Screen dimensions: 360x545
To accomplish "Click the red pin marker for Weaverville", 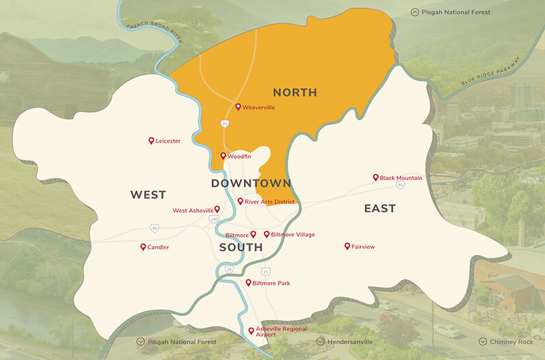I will pos(238,107).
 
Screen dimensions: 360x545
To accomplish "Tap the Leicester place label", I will pos(168,141).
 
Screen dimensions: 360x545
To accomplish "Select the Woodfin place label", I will pos(239,157).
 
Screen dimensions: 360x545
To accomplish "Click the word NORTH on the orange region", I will pos(295,92).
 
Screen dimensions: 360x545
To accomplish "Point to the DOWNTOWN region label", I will pos(251,183).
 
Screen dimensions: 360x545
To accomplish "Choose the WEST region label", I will pos(148,195).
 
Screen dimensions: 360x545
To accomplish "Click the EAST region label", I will pos(379,209).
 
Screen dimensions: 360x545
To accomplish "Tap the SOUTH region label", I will pos(240,247).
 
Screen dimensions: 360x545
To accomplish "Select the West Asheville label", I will pos(193,211).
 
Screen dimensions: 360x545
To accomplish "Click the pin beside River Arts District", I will pos(240,201).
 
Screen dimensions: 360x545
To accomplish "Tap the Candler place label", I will pos(158,247).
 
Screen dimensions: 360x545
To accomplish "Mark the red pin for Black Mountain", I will pos(375,177).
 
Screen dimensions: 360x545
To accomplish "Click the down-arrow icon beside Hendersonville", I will pos(321,342).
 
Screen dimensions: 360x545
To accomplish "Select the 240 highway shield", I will pos(214,219).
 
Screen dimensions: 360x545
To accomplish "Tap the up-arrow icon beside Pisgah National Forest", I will pos(414,12).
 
